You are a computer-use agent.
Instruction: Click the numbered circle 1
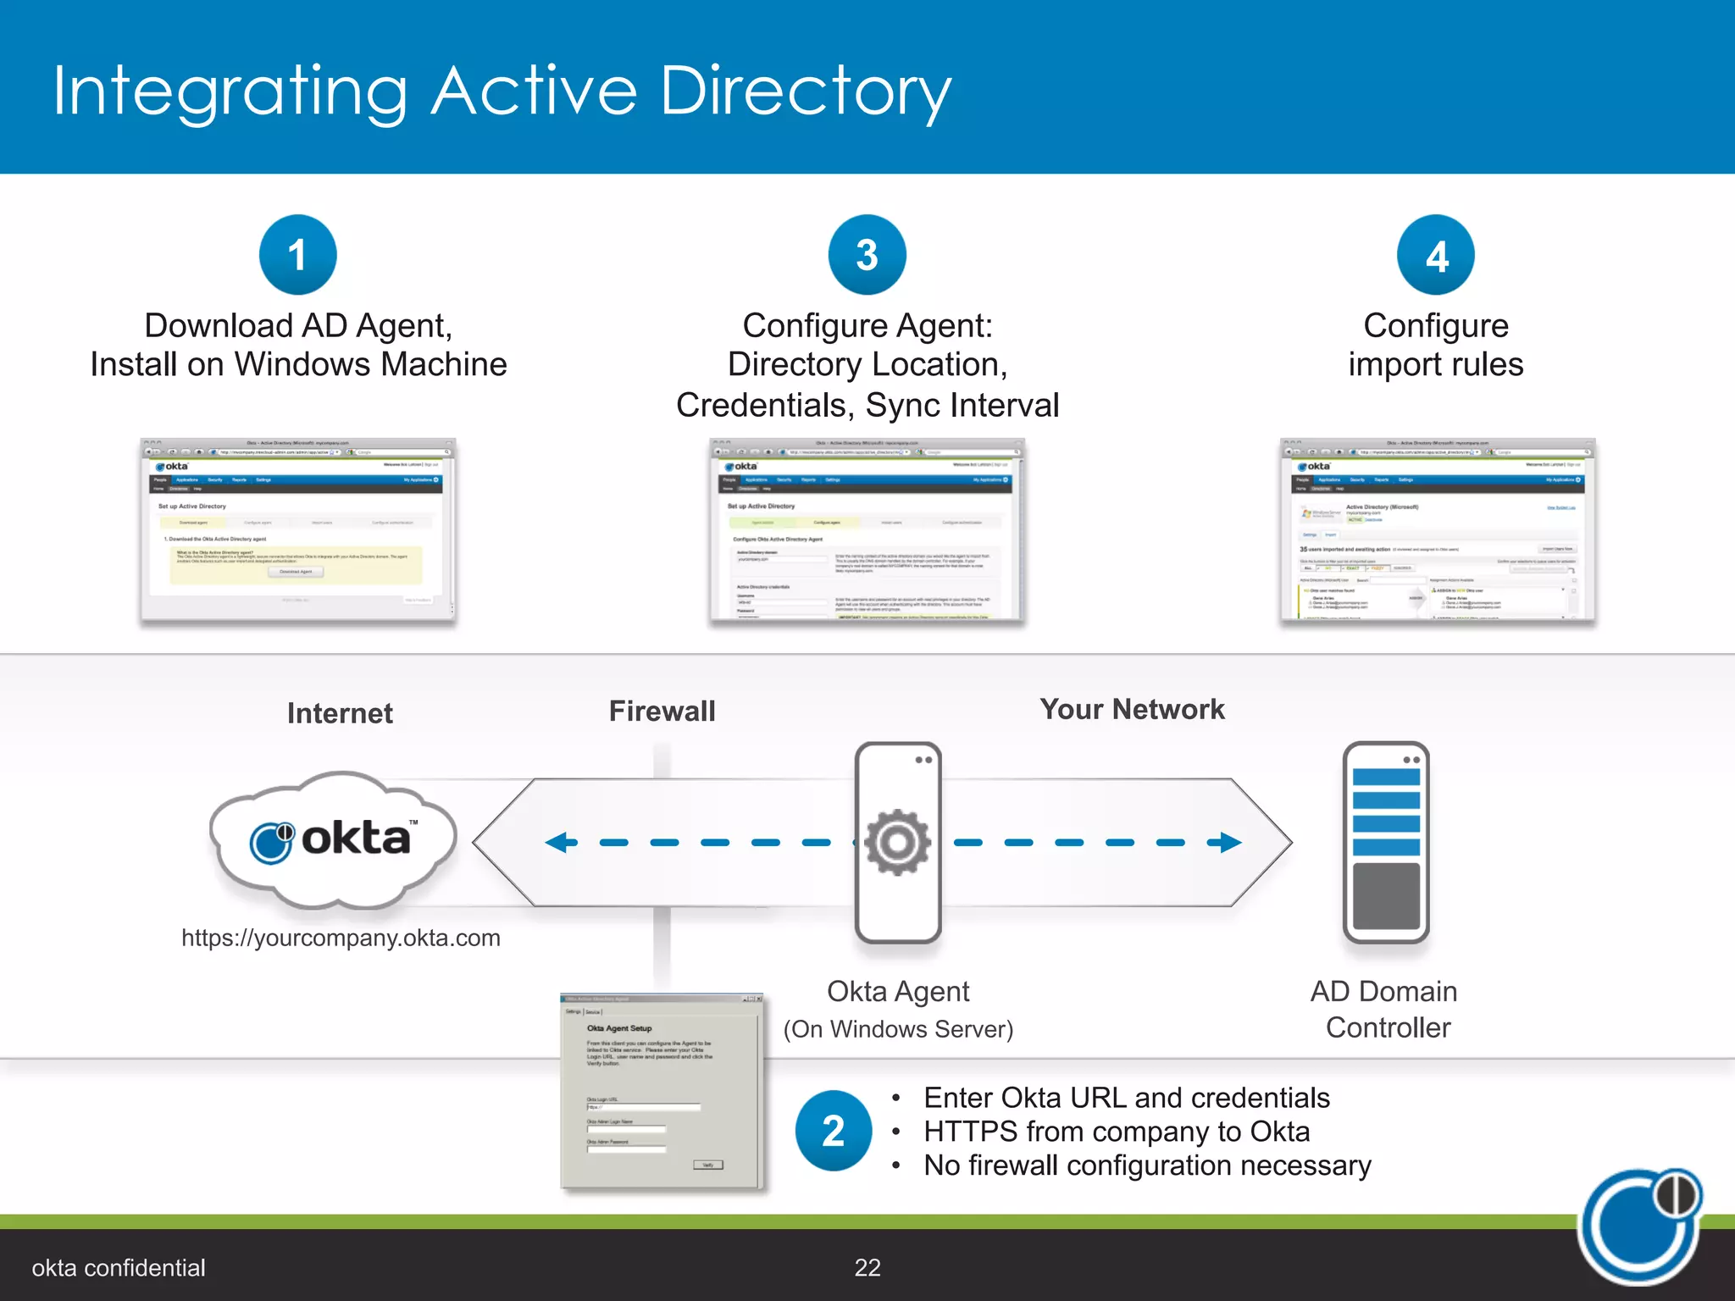(x=297, y=255)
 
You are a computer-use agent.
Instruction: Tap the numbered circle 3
(x=867, y=255)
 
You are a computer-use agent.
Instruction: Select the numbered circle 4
(x=1436, y=255)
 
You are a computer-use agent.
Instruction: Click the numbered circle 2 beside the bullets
(x=834, y=1131)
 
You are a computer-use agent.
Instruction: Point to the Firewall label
(x=662, y=711)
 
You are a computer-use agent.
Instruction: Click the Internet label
(x=340, y=713)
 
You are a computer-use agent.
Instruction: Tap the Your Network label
(x=1132, y=710)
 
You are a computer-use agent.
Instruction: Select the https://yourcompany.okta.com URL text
(x=341, y=938)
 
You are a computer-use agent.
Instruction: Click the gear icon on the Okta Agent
(x=898, y=842)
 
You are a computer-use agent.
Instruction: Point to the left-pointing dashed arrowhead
(x=560, y=842)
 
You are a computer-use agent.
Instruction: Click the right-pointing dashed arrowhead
(x=1226, y=842)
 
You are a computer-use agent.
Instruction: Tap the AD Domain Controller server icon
(x=1386, y=843)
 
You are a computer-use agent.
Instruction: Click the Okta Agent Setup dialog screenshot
(x=662, y=1092)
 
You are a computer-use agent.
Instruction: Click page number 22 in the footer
(x=867, y=1267)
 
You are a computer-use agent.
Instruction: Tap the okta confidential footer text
(x=119, y=1268)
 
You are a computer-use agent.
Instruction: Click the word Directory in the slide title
(x=805, y=91)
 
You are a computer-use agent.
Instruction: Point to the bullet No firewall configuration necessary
(x=1147, y=1165)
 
